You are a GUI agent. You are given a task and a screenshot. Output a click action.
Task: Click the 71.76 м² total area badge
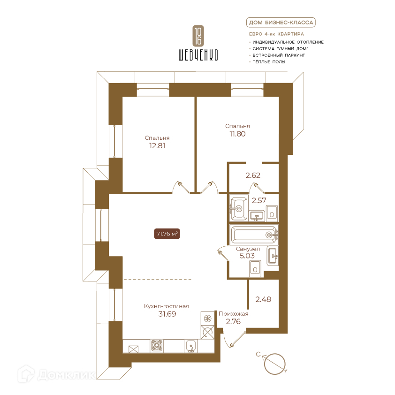point(167,234)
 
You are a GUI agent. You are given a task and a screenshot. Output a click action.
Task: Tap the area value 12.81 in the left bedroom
point(157,145)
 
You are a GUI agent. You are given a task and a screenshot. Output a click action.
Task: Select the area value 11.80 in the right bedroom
point(237,134)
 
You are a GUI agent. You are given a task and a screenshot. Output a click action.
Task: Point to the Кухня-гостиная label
point(167,306)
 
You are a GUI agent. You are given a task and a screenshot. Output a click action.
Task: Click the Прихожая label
point(233,314)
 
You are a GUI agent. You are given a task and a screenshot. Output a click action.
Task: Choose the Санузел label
point(248,249)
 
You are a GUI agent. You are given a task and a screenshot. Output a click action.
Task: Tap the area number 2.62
point(253,175)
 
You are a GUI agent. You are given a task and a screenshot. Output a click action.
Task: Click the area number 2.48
point(263,299)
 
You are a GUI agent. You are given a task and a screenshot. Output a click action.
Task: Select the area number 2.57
point(259,200)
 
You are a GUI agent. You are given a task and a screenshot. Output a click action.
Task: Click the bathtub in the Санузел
point(254,235)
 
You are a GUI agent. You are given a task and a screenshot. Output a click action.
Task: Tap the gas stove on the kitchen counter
point(157,345)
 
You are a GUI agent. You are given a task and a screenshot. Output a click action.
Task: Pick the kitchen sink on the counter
point(191,346)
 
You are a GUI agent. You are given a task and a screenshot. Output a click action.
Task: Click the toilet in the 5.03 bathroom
point(255,268)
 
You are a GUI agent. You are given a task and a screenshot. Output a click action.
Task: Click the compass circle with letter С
point(274,364)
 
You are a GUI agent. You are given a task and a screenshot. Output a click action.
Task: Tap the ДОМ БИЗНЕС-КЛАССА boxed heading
point(281,23)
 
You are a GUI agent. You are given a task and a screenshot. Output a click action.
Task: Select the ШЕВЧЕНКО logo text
point(198,54)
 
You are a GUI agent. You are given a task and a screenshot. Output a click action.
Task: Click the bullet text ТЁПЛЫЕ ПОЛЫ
point(269,62)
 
